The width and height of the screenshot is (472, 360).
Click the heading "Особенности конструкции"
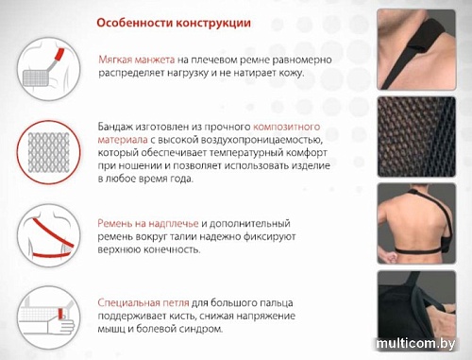(175, 22)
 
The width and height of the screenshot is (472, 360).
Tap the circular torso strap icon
(46, 236)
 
